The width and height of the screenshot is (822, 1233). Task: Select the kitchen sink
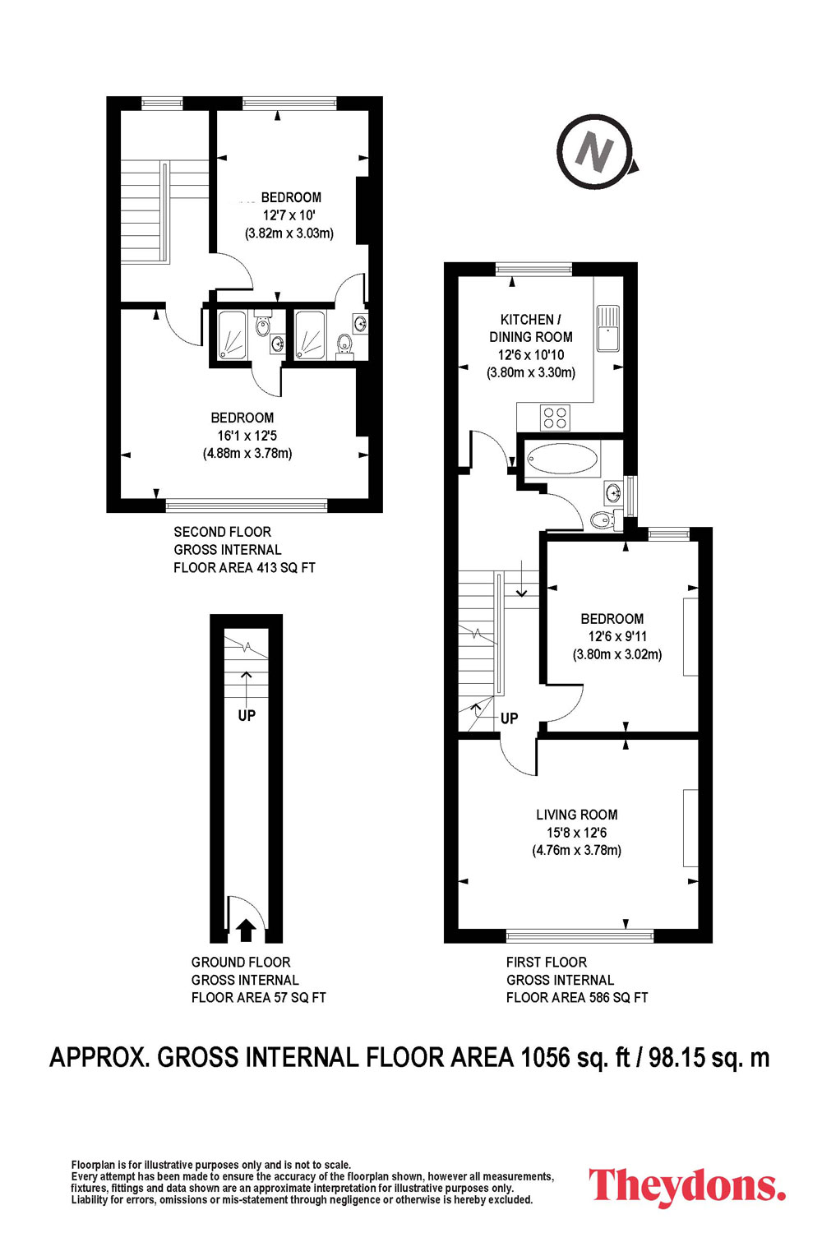607,329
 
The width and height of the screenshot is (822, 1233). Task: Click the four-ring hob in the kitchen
554,418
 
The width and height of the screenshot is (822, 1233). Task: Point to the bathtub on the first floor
562,459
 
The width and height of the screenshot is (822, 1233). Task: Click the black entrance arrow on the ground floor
246,930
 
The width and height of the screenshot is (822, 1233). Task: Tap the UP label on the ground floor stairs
247,715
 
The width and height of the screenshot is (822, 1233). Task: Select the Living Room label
576,815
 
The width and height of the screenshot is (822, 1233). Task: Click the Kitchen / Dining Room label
531,328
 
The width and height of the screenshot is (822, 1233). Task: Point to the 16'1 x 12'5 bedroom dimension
247,436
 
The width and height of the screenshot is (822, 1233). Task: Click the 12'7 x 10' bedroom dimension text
289,215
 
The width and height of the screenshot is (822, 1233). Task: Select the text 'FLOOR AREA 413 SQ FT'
244,567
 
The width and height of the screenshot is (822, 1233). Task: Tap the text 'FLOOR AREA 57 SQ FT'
259,997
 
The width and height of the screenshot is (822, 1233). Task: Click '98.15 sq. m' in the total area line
709,1057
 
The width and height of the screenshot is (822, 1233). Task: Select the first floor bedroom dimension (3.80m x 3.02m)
617,654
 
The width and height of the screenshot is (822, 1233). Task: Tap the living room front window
580,935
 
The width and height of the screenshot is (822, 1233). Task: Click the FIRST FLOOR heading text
546,963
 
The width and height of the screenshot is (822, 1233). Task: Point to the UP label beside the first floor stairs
510,718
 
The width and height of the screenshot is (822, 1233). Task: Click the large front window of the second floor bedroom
247,506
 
